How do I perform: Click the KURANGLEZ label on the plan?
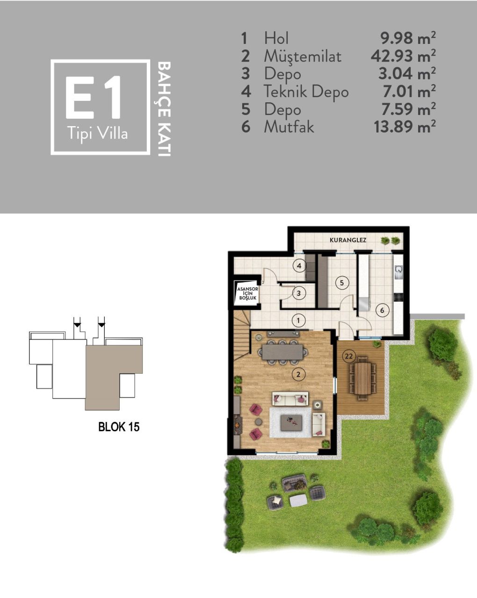[348, 240]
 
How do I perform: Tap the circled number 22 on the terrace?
[348, 356]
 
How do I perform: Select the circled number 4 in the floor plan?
[299, 266]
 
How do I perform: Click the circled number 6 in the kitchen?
[382, 310]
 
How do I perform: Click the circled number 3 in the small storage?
[298, 293]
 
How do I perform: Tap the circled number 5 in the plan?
[342, 282]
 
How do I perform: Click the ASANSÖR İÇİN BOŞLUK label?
[246, 293]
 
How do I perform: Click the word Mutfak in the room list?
[289, 127]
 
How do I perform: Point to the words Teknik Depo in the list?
[306, 91]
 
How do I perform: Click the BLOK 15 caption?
[119, 427]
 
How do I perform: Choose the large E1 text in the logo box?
[94, 99]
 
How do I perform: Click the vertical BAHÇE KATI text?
[163, 108]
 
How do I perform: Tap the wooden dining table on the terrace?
[362, 378]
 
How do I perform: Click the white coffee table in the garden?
[298, 500]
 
